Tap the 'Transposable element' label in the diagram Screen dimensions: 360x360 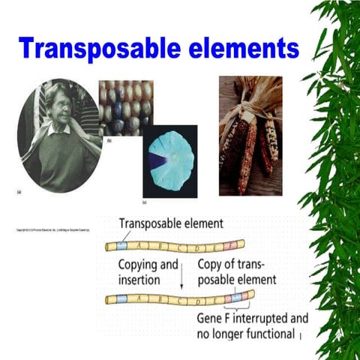click(x=171, y=223)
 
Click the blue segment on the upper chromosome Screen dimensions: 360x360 click(x=122, y=246)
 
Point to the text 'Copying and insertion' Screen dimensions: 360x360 click(x=148, y=272)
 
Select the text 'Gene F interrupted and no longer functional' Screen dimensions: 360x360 click(x=252, y=324)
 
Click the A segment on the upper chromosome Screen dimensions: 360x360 click(x=140, y=245)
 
